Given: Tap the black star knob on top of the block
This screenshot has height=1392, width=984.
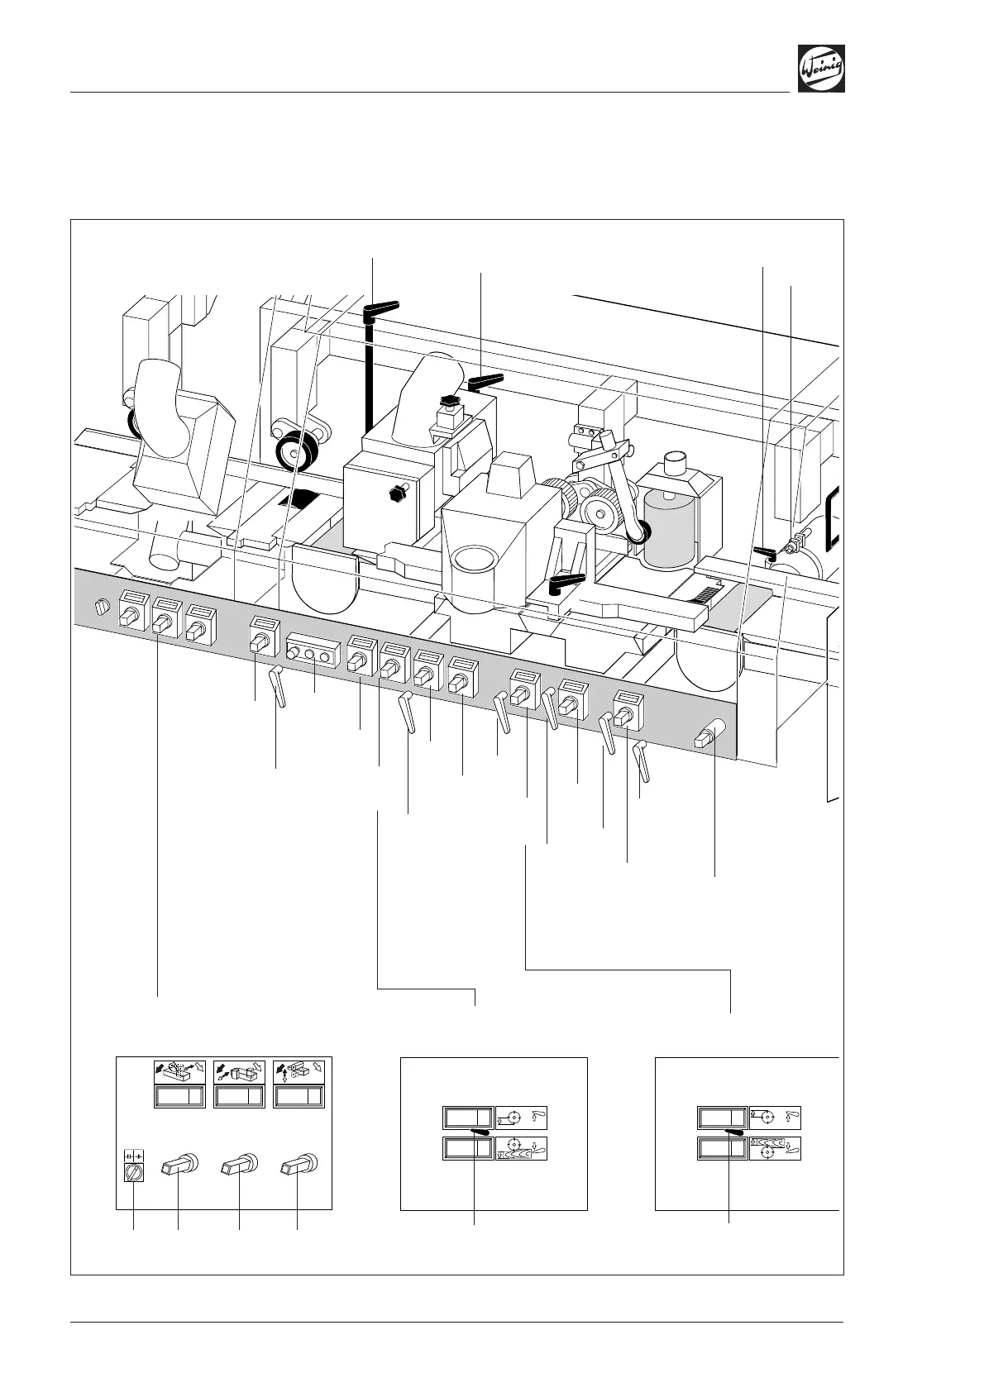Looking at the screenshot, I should coord(451,403).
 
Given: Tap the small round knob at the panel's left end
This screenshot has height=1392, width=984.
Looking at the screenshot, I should coord(102,608).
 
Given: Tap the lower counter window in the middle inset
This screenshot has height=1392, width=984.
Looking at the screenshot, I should coord(468,1148).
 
